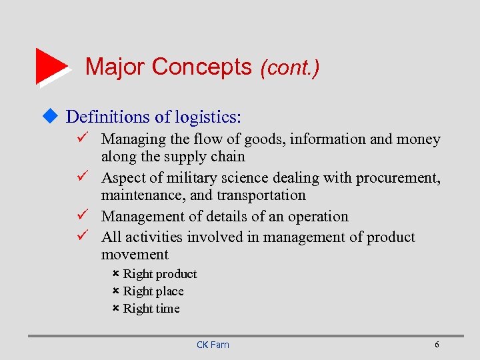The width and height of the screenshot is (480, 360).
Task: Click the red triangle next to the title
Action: pyautogui.click(x=50, y=65)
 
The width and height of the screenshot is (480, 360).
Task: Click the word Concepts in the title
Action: pyautogui.click(x=201, y=67)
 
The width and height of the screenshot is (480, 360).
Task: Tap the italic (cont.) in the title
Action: pyautogui.click(x=290, y=67)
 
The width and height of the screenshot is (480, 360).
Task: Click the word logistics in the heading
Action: pyautogui.click(x=205, y=117)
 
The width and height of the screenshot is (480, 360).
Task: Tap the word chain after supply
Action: pyautogui.click(x=228, y=157)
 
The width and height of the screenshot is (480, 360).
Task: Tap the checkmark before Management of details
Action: pyautogui.click(x=83, y=216)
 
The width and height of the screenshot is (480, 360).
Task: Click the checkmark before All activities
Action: pyautogui.click(x=83, y=237)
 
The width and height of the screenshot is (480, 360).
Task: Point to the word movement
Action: pyautogui.click(x=135, y=255)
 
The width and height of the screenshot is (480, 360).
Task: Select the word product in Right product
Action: pyautogui.click(x=177, y=274)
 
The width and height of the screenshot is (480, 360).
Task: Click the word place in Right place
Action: pyautogui.click(x=169, y=291)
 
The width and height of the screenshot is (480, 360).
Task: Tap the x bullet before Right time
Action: pyautogui.click(x=115, y=308)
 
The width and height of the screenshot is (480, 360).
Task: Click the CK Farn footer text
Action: pyautogui.click(x=213, y=345)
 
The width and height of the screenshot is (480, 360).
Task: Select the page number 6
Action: pyautogui.click(x=437, y=345)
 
